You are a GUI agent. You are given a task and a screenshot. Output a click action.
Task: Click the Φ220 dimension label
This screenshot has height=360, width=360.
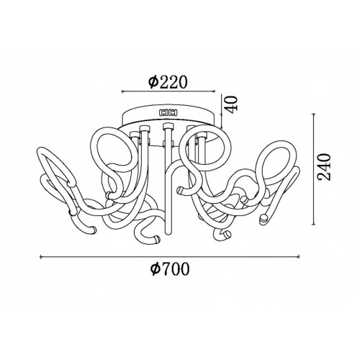[167, 81]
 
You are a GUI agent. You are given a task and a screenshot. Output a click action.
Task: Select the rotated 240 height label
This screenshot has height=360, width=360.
[324, 167]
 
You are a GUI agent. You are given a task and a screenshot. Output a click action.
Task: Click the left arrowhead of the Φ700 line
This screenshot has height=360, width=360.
[41, 257]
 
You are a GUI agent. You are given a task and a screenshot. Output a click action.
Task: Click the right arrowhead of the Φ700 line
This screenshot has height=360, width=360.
[298, 257]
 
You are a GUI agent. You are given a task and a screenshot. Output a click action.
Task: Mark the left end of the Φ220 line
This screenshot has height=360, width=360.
[122, 91]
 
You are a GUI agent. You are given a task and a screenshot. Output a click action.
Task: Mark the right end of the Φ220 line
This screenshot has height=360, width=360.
[214, 91]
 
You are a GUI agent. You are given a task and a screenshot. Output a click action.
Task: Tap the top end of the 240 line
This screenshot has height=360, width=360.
[313, 114]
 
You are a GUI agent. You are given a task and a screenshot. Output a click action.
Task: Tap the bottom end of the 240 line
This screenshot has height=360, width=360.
[313, 224]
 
